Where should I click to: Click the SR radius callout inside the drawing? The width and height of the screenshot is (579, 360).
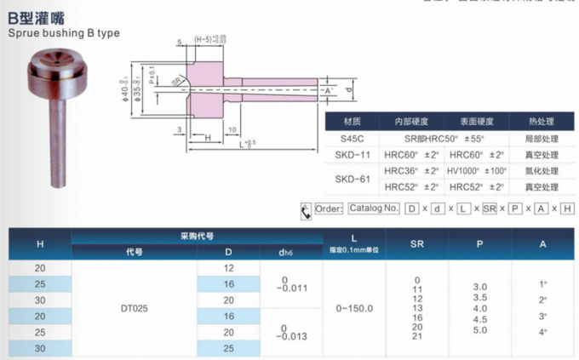pyautogui.click(x=176, y=81)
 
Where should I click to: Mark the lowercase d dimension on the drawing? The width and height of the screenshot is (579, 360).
pyautogui.click(x=347, y=88)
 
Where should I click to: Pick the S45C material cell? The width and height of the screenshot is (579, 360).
pyautogui.click(x=351, y=138)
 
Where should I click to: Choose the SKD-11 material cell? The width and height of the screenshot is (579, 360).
pyautogui.click(x=351, y=154)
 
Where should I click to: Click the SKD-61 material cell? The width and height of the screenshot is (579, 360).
pyautogui.click(x=351, y=179)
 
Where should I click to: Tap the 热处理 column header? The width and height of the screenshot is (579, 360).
pyautogui.click(x=542, y=122)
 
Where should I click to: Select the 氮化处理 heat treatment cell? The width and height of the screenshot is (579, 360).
pyautogui.click(x=542, y=170)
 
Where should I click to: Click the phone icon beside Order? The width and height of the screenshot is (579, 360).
pyautogui.click(x=307, y=210)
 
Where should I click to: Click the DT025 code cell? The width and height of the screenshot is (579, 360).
pyautogui.click(x=135, y=309)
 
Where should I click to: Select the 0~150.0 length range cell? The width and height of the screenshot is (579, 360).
pyautogui.click(x=353, y=309)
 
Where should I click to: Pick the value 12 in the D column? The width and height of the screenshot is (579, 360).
pyautogui.click(x=228, y=269)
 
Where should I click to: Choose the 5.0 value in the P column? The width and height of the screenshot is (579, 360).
pyautogui.click(x=480, y=329)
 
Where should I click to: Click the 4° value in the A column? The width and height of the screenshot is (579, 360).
pyautogui.click(x=543, y=330)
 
